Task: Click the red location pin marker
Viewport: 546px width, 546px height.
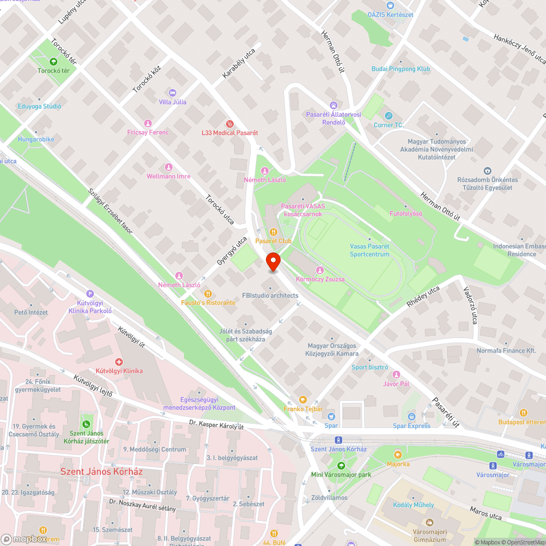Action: coord(272,262)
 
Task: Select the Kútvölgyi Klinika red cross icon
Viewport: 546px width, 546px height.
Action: coord(119,361)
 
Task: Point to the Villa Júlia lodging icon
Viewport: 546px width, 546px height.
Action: coord(173,92)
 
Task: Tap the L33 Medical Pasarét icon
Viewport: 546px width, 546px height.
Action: coord(229,123)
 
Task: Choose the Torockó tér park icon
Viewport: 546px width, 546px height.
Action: coord(54,61)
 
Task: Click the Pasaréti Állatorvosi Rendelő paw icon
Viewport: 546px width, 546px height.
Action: coord(333,105)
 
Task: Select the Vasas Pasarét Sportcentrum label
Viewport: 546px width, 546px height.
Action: coord(370,250)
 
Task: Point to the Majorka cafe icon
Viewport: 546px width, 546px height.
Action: coord(398,454)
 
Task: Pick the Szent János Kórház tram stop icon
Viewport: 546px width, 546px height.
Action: coord(338,440)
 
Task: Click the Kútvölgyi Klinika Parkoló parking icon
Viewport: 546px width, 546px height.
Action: coord(90,293)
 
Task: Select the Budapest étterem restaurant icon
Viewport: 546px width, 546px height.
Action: coord(523,412)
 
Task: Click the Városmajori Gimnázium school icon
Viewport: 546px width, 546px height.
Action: coord(430,522)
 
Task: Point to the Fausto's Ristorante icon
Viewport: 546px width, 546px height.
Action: coord(208,293)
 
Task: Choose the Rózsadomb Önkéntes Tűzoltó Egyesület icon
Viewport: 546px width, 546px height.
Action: coord(488,171)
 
